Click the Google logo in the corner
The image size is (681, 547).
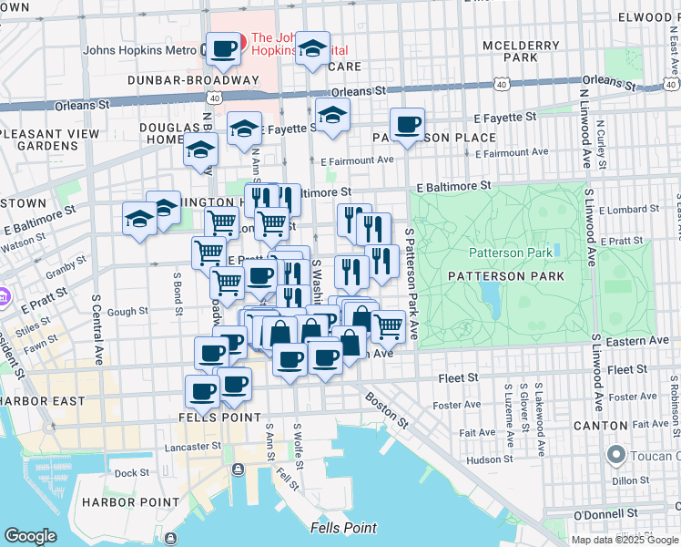tap(30, 536)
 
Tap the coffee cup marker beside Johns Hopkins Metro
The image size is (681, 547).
tap(222, 49)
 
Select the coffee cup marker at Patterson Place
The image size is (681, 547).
tap(407, 124)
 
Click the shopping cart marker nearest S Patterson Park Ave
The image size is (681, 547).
tap(389, 325)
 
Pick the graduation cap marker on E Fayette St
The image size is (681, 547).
tap(332, 117)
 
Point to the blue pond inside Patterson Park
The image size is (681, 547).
tap(490, 294)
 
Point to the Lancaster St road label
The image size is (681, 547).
tap(193, 447)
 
